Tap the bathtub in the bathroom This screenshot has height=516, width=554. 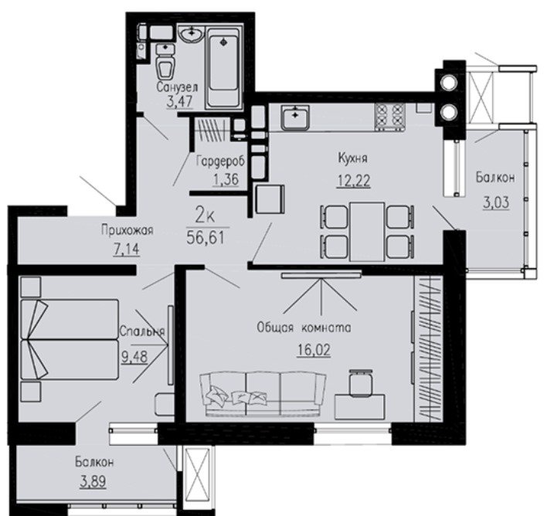click(223, 67)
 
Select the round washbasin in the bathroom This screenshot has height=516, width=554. click(191, 34)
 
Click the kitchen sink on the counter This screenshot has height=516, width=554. click(295, 117)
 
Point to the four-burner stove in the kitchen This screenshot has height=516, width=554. click(389, 117)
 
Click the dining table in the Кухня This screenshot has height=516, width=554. click(367, 231)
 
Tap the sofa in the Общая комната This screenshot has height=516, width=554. click(263, 394)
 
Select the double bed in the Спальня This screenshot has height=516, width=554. click(70, 340)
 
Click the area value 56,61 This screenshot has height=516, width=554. click(206, 238)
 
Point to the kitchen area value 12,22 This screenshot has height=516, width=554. click(354, 181)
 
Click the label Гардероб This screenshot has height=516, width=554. click(220, 161)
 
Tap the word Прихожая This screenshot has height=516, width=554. click(127, 230)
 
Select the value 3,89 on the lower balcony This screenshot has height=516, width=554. click(93, 481)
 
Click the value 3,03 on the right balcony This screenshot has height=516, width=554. click(496, 202)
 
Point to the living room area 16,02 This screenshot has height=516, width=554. click(314, 350)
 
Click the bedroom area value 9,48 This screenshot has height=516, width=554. click(134, 357)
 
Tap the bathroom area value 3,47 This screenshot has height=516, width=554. click(179, 102)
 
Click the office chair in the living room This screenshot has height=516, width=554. click(361, 383)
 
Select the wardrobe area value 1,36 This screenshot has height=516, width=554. click(226, 179)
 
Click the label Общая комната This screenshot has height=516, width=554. click(304, 328)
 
